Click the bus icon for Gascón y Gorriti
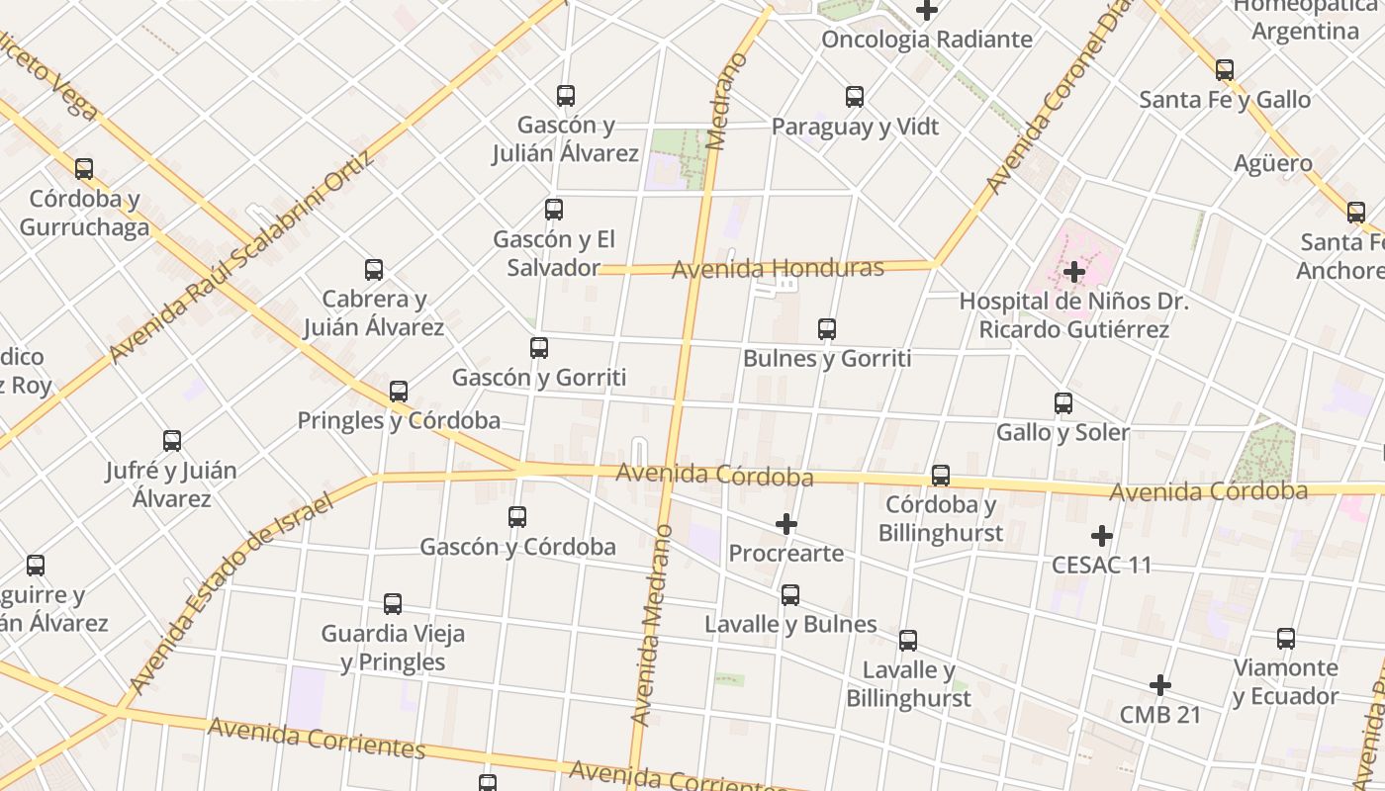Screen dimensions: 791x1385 coord(539,348)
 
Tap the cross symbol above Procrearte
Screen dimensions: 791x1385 coord(786,523)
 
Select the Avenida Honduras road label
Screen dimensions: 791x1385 coord(778,268)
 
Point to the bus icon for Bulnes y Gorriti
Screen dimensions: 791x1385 coord(827,329)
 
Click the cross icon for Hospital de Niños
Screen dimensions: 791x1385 coord(1074,271)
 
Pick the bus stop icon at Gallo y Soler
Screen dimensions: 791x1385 coord(1063,403)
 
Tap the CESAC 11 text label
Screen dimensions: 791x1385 coord(1102,565)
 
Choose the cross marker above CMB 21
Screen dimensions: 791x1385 coord(1160,684)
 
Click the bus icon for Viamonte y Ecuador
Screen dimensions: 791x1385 coord(1286,639)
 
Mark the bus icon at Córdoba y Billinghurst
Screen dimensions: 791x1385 coord(941,476)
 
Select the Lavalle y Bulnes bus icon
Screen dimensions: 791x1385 coord(790,595)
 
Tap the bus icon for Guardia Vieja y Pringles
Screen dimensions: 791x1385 coord(393,604)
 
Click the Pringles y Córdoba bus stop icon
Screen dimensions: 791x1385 coord(399,392)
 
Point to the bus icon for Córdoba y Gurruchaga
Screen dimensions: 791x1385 coord(84,169)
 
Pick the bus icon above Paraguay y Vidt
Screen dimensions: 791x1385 coord(855,97)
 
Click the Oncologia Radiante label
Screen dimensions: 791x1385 coord(927,40)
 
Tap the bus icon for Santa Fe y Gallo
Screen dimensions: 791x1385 coord(1225,70)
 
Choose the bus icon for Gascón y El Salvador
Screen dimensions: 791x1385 coord(554,210)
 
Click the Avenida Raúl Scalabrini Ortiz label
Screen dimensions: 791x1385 coord(242,256)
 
